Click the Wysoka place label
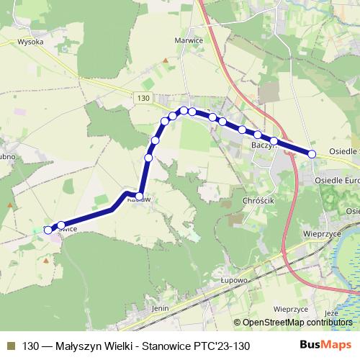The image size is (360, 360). pyautogui.click(x=30, y=42)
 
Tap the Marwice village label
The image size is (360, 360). pyautogui.click(x=189, y=40)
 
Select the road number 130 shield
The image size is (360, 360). pyautogui.click(x=143, y=97)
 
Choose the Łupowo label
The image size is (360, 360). pyautogui.click(x=234, y=279)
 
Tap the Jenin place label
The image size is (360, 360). pyautogui.click(x=160, y=307)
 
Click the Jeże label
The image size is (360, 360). pyautogui.click(x=331, y=313)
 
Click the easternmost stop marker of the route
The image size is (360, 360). pyautogui.click(x=312, y=153)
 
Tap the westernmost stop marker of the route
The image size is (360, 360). pyautogui.click(x=48, y=230)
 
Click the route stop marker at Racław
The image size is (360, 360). pyautogui.click(x=139, y=195)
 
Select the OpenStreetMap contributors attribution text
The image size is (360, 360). pyautogui.click(x=297, y=323)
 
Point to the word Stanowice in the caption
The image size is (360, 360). pyautogui.click(x=161, y=346)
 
